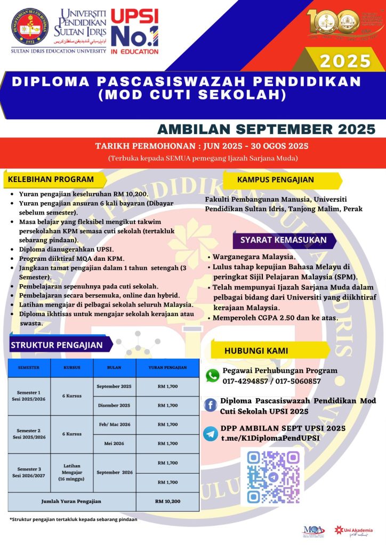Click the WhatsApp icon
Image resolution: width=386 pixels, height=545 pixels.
click(x=213, y=376)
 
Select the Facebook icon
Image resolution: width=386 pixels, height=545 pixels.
click(x=211, y=404)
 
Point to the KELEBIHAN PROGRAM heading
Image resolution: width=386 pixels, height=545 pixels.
click(x=51, y=180)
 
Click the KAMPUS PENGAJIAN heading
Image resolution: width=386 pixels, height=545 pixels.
click(x=276, y=180)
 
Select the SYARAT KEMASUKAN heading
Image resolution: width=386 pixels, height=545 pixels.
click(x=283, y=240)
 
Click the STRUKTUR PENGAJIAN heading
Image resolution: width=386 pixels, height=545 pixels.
click(x=57, y=345)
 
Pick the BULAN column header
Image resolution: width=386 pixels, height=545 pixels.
click(x=114, y=368)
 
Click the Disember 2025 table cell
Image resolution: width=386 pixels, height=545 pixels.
click(x=114, y=406)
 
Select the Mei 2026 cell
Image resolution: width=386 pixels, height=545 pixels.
click(x=114, y=443)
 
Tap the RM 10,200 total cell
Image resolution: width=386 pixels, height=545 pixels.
click(x=168, y=501)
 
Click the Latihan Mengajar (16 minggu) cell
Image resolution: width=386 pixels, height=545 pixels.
click(x=71, y=472)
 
